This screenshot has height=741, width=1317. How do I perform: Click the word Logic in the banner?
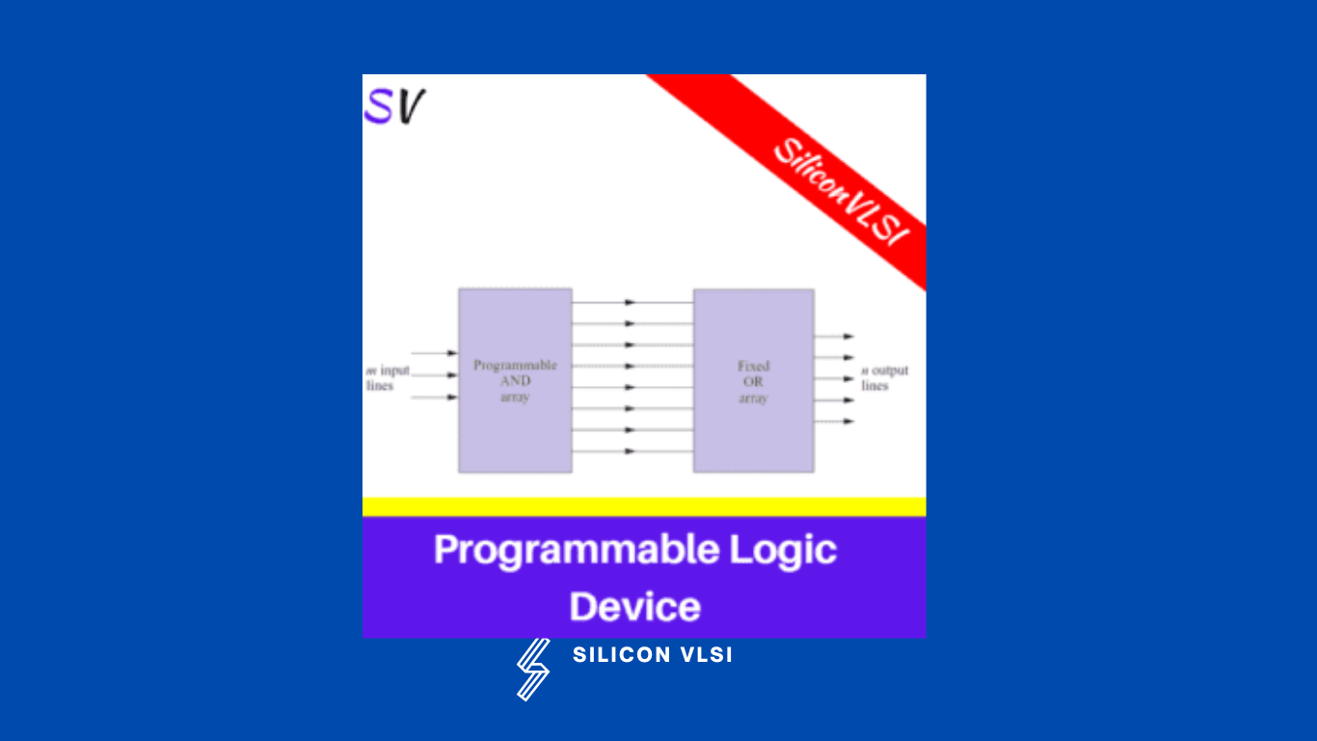tap(783, 550)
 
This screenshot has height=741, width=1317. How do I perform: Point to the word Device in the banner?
tap(634, 607)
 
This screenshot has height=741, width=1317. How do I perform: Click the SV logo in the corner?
tap(394, 107)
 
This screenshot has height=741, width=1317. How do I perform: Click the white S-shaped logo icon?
tap(532, 668)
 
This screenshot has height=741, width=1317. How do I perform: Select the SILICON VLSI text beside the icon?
tap(653, 655)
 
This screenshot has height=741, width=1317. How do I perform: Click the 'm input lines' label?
tap(387, 377)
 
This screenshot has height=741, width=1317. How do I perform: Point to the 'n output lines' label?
tap(884, 377)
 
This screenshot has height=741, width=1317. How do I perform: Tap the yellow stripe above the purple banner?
tap(644, 507)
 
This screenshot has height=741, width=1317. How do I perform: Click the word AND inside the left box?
tap(515, 381)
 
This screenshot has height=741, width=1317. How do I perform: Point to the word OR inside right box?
tap(753, 382)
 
